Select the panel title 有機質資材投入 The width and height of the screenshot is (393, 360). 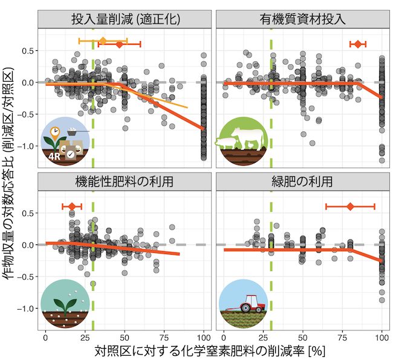pyautogui.click(x=303, y=18)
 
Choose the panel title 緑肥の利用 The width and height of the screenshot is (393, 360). pyautogui.click(x=303, y=181)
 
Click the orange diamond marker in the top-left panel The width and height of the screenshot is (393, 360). pyautogui.click(x=103, y=41)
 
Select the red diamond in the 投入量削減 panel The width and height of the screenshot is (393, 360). pyautogui.click(x=120, y=44)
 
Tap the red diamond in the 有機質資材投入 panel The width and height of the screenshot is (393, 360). pyautogui.click(x=358, y=44)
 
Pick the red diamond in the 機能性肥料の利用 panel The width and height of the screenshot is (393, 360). pyautogui.click(x=72, y=207)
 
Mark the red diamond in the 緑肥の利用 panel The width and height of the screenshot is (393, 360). pyautogui.click(x=350, y=207)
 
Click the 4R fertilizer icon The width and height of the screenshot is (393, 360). pyautogui.click(x=65, y=143)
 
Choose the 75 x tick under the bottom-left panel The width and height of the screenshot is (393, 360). pyautogui.click(x=164, y=336)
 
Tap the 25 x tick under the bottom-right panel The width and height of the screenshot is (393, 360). pyautogui.click(x=263, y=336)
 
